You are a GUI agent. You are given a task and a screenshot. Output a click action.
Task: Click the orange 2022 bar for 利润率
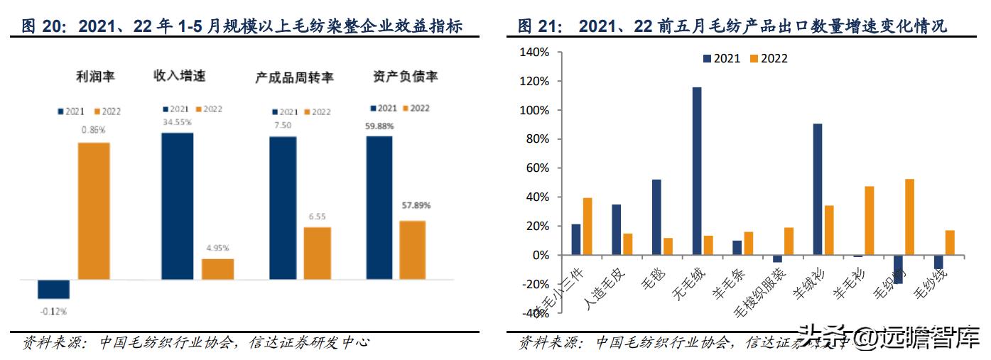(x=93, y=211)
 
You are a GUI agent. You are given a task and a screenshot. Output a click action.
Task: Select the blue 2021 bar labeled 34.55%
(x=177, y=206)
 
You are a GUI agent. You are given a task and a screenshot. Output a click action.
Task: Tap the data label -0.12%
(x=53, y=311)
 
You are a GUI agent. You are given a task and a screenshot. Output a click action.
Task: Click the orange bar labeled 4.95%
(x=217, y=269)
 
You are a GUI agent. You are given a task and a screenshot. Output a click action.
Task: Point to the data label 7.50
(x=282, y=126)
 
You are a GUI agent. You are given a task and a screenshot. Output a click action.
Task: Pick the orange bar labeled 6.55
(x=317, y=253)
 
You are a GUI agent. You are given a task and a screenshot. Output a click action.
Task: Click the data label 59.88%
(x=379, y=126)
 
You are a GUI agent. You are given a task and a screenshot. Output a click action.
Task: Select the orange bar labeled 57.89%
(x=412, y=250)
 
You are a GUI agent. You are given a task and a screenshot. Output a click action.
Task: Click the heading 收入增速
(x=179, y=76)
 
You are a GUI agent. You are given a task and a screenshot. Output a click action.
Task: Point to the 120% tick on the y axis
(x=534, y=82)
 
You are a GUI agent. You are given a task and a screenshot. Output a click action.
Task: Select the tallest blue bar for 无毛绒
(x=697, y=171)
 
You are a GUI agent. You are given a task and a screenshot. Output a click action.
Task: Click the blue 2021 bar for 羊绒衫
(x=818, y=189)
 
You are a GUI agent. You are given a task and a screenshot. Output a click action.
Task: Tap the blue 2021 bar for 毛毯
(x=656, y=217)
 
